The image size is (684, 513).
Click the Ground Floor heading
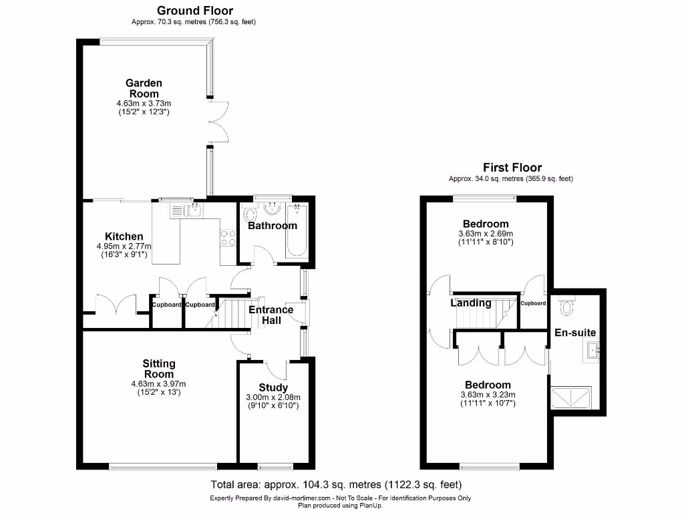195,11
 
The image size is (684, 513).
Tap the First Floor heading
512,168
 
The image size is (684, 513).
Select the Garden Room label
144,88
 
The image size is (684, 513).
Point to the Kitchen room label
124,236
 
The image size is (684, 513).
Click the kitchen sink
188,212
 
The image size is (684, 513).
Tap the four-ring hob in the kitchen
228,237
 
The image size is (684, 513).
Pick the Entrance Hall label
271,315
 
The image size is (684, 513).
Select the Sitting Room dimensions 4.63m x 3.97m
159,383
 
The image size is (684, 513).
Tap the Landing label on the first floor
471,303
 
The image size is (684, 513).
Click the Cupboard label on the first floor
533,303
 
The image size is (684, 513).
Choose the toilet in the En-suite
567,306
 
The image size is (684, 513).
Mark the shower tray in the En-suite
570,398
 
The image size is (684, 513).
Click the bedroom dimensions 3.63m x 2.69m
486,234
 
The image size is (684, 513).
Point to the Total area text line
336,485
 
